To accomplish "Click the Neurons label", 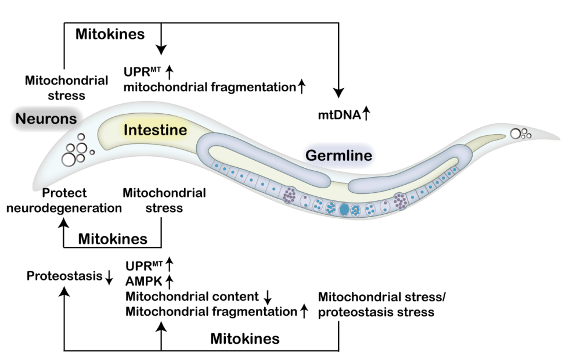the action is tap(46, 118).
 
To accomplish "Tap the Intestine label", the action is tap(156, 130).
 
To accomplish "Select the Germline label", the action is tap(338, 156).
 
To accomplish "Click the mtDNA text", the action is tap(339, 115).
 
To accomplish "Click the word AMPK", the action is tap(144, 281).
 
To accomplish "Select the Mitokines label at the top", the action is tap(110, 34).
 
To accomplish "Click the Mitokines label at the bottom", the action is tap(245, 339).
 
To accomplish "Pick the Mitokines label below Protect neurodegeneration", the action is tap(113, 239).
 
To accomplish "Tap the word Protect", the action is tap(64, 193).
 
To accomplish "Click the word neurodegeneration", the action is tap(64, 208).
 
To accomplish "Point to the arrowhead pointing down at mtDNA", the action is tap(338, 92).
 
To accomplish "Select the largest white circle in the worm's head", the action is tap(69, 159).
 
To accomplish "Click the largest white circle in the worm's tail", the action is tap(516, 134).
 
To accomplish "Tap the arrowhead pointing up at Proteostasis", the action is tap(64, 291).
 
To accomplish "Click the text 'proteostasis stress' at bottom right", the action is tap(376, 312).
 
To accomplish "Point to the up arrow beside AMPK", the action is tap(170, 281).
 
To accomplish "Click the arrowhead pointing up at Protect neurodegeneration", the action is tap(64, 222).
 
